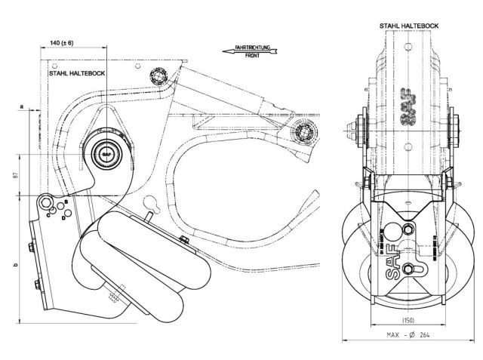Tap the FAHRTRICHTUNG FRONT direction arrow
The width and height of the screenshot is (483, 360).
tap(250, 51)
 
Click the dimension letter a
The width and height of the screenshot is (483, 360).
tap(22, 108)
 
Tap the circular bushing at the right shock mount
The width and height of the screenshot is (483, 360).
tap(305, 131)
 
